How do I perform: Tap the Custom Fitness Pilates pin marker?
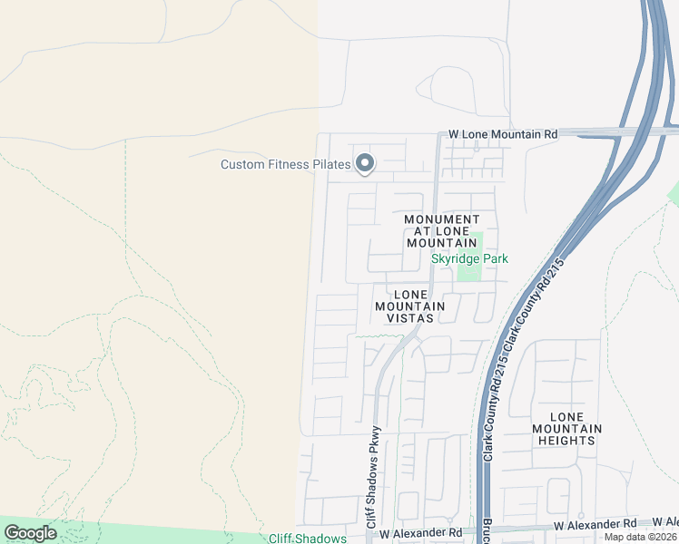pyautogui.click(x=364, y=163)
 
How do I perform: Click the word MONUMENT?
pyautogui.click(x=441, y=219)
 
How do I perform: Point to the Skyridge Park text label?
pyautogui.click(x=469, y=259)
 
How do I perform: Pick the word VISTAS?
pyautogui.click(x=410, y=318)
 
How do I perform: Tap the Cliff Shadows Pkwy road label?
pyautogui.click(x=371, y=478)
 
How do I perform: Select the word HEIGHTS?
pyautogui.click(x=566, y=441)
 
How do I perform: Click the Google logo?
pyautogui.click(x=30, y=533)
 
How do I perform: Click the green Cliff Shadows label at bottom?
pyautogui.click(x=307, y=539)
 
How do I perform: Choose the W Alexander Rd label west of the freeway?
pyautogui.click(x=420, y=534)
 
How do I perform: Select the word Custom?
pyautogui.click(x=243, y=164)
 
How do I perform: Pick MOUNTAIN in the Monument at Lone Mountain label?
pyautogui.click(x=441, y=243)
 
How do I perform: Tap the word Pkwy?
pyautogui.click(x=371, y=440)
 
